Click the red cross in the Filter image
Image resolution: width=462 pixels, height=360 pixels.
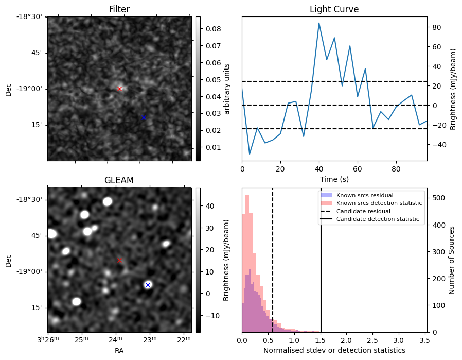point(120,89)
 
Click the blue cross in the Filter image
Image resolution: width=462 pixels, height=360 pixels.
point(144,118)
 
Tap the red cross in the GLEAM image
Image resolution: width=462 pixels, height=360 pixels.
point(119,261)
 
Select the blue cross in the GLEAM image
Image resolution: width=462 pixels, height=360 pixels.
point(148,285)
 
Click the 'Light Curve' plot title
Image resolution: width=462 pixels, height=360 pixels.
point(334,9)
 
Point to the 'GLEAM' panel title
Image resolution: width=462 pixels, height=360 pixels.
point(119,180)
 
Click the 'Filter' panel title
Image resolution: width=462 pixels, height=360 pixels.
point(119,9)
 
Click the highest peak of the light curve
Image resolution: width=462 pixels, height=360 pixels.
point(319,23)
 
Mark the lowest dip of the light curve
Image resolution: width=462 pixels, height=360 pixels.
point(250,154)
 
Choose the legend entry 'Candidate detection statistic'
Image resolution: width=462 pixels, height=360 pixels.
point(377,219)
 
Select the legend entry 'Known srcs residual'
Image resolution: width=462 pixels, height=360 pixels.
point(365,195)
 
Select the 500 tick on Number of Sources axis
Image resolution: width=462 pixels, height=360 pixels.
point(435,197)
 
